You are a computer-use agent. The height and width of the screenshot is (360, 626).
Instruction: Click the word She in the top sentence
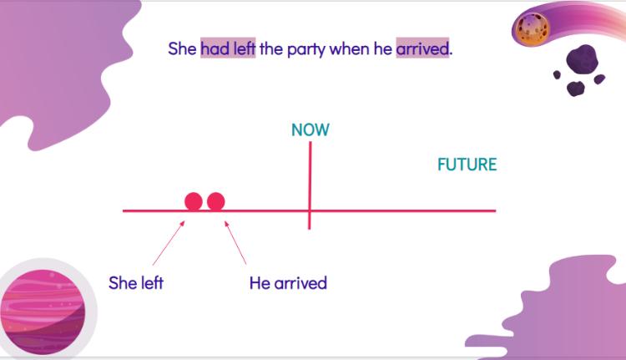click(182, 48)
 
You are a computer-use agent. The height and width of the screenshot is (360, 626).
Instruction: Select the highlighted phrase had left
click(228, 48)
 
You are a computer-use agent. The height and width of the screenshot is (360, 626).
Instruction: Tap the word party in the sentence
click(306, 50)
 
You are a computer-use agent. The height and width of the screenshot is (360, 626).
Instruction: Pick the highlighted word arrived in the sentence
click(422, 48)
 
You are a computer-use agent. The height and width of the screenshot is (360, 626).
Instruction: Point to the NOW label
click(310, 129)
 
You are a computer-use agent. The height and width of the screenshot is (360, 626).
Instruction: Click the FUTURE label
click(467, 165)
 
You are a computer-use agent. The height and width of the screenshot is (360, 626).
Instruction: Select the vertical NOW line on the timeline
click(310, 185)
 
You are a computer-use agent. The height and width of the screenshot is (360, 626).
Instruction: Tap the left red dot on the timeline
click(194, 201)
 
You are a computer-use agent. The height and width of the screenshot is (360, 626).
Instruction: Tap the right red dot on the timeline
click(216, 201)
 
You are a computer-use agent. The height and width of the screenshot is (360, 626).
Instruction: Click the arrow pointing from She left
click(169, 243)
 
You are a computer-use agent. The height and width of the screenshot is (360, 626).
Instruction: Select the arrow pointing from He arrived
click(235, 242)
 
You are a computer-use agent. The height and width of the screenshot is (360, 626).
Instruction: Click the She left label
click(136, 283)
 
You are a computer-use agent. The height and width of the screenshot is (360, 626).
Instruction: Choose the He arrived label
click(288, 283)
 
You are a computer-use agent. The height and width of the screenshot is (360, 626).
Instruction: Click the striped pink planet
click(43, 312)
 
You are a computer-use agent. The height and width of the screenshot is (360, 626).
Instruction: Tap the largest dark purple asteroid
click(583, 59)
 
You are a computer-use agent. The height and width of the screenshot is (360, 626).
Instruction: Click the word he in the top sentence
click(383, 48)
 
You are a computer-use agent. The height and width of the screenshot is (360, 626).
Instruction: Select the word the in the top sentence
click(271, 48)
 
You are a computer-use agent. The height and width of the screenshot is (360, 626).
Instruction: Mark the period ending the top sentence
click(451, 54)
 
